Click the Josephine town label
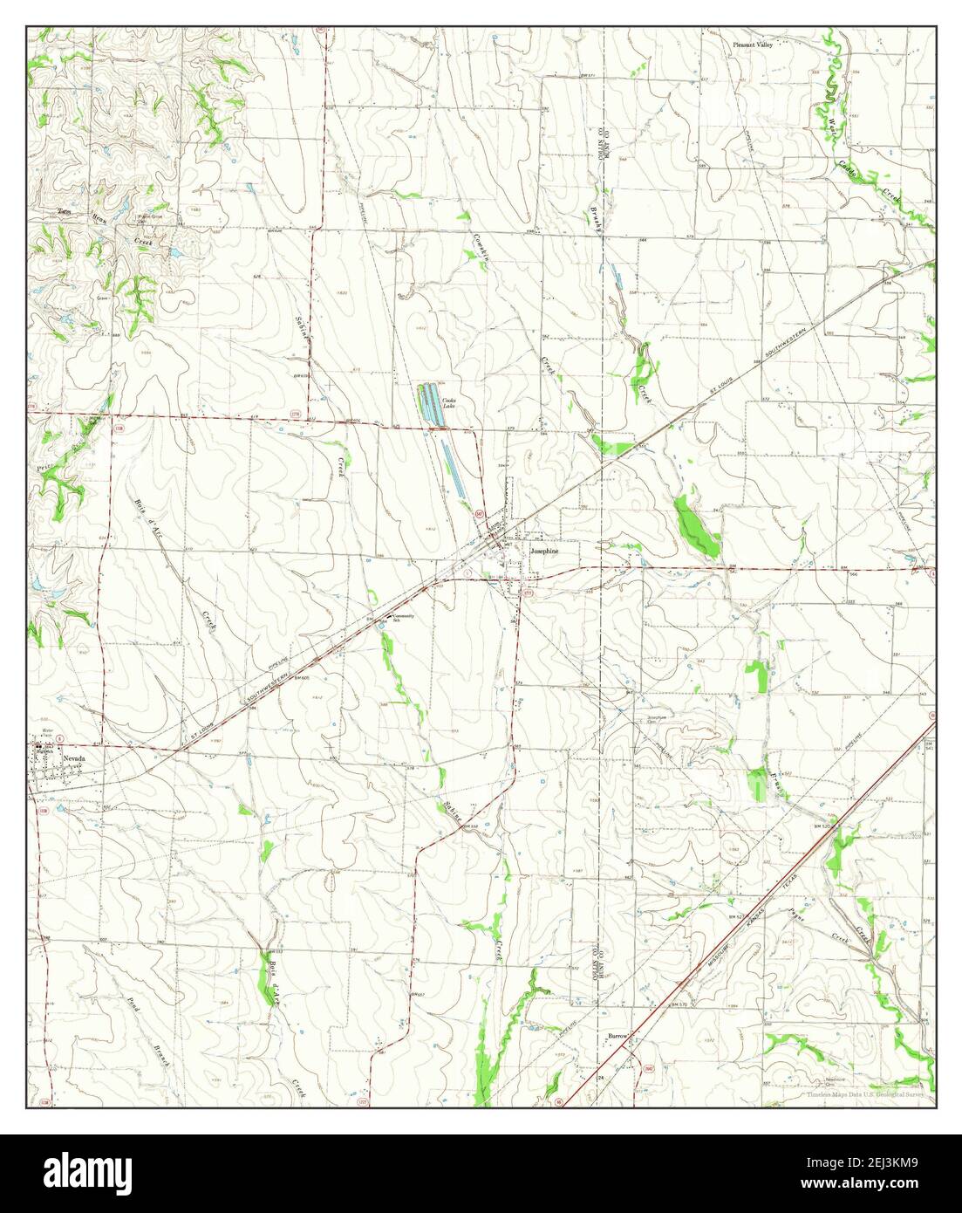[x=543, y=552]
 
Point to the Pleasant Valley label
[x=753, y=44]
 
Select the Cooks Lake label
[x=450, y=402]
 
